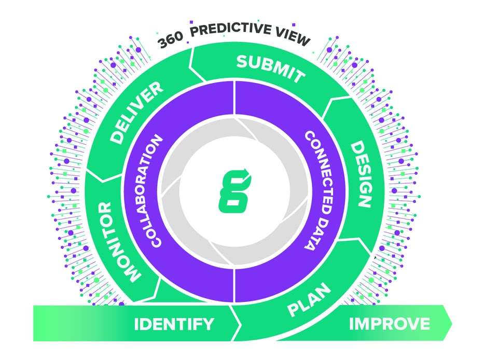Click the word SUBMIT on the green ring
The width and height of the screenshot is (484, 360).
tap(270, 68)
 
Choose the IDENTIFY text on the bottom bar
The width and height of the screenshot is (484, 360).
tap(174, 324)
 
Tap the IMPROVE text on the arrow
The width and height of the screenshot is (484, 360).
tap(389, 324)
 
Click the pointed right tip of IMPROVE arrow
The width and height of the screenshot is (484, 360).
tap(450, 323)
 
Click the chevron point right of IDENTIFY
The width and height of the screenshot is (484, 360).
tap(240, 324)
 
